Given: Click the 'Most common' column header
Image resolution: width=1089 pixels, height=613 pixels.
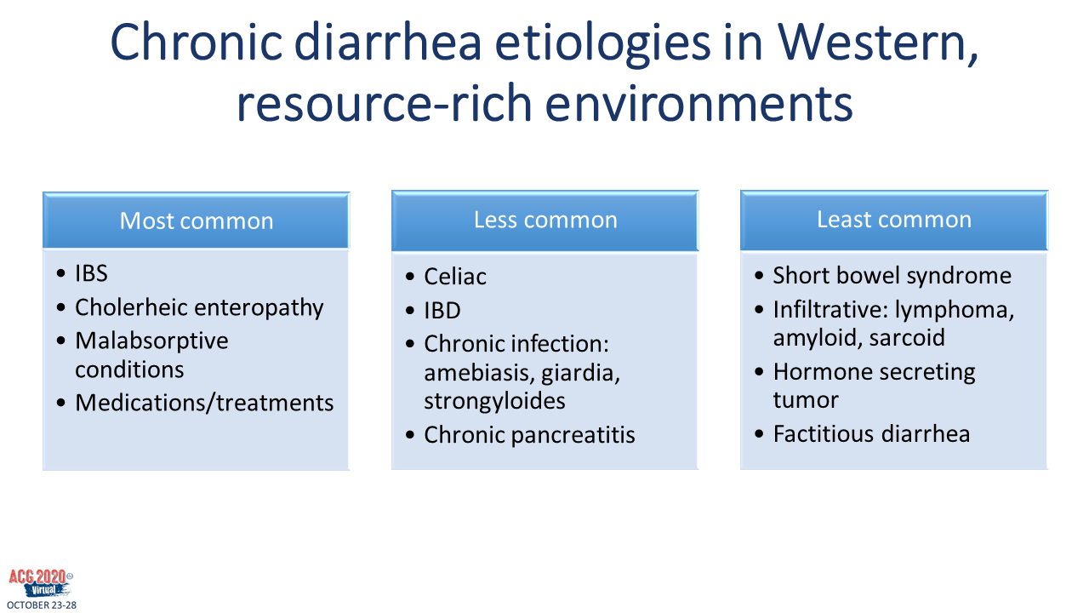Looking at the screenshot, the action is pyautogui.click(x=197, y=221).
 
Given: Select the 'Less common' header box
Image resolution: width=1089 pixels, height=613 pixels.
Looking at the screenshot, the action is pyautogui.click(x=545, y=221).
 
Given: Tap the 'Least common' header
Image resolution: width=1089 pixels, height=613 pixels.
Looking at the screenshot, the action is pyautogui.click(x=894, y=220).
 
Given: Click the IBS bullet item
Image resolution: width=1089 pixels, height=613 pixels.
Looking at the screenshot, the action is pyautogui.click(x=91, y=273).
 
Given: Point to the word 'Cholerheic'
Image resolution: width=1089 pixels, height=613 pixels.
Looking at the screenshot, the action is pyautogui.click(x=130, y=307).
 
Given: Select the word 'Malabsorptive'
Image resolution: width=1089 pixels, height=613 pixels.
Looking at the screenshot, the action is pyautogui.click(x=151, y=341).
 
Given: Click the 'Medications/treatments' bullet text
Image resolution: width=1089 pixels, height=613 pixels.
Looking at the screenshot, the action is pyautogui.click(x=204, y=403).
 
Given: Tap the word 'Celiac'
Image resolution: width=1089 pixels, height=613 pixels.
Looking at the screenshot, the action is pyautogui.click(x=455, y=277).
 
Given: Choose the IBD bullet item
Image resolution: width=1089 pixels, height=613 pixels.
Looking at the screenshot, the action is pyautogui.click(x=442, y=311).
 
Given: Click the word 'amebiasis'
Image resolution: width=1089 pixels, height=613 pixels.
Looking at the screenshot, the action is pyautogui.click(x=480, y=373).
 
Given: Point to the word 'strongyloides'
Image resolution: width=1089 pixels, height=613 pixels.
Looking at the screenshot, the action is pyautogui.click(x=494, y=402).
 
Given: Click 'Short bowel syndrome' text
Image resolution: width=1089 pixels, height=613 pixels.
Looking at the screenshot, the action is pyautogui.click(x=892, y=276).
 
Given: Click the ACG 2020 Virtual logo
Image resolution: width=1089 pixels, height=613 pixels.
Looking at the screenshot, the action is pyautogui.click(x=41, y=583).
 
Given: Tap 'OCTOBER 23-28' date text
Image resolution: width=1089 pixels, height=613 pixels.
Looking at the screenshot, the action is pyautogui.click(x=42, y=605).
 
